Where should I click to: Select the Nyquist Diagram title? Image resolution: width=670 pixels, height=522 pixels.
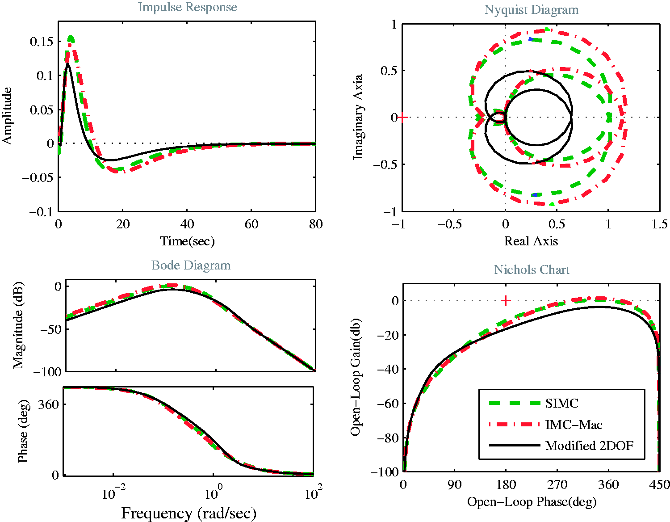[531, 10]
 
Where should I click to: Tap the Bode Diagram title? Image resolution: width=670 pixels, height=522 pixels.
[191, 265]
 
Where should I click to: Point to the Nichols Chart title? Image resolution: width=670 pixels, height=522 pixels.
[531, 269]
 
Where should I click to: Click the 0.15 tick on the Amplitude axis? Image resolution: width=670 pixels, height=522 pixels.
[42, 42]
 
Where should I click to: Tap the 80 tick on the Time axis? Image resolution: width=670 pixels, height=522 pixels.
[316, 224]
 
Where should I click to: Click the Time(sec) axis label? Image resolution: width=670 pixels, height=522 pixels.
[187, 241]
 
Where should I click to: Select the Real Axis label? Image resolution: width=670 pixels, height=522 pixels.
[531, 241]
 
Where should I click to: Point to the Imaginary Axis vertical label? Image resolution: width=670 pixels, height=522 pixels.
[358, 117]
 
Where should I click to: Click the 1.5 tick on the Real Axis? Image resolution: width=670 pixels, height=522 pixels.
[659, 224]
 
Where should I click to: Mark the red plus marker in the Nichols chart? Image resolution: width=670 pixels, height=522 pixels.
[506, 300]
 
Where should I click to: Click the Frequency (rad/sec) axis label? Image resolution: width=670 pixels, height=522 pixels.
[188, 514]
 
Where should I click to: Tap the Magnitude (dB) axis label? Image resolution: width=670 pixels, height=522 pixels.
[18, 325]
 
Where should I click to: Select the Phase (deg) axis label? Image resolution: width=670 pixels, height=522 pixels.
[23, 431]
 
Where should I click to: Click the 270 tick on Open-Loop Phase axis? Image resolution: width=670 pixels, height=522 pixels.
[557, 484]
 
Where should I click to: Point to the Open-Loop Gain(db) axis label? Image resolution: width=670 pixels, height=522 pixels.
[356, 377]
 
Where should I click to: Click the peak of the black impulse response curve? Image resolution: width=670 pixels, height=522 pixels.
[67, 63]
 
